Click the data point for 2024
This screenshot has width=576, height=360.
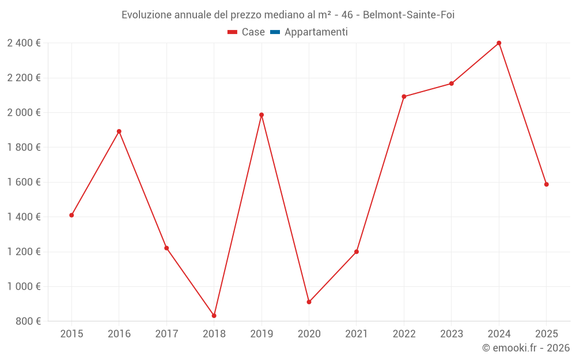[x=499, y=43]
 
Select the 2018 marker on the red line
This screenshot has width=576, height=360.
[x=214, y=316]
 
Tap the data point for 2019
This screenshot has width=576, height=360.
[x=262, y=115]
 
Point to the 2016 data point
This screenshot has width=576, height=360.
[x=119, y=131]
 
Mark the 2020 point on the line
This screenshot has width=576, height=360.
[x=309, y=302]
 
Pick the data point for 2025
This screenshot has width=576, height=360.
[x=546, y=184]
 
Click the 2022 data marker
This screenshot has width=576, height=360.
[x=404, y=97]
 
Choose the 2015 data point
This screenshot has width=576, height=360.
[x=71, y=215]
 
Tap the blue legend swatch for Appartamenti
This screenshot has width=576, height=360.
[x=275, y=32]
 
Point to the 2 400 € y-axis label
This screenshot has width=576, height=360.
[x=24, y=43]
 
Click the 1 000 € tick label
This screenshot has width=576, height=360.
[x=24, y=286]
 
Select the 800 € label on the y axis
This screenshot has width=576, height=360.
[x=28, y=321]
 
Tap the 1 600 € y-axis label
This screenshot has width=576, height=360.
[x=24, y=182]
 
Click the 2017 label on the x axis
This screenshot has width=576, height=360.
[x=166, y=334]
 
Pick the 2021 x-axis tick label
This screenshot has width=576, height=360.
[x=357, y=334]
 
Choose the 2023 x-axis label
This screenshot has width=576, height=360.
[x=452, y=334]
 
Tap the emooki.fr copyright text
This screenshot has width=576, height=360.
[x=525, y=348]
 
